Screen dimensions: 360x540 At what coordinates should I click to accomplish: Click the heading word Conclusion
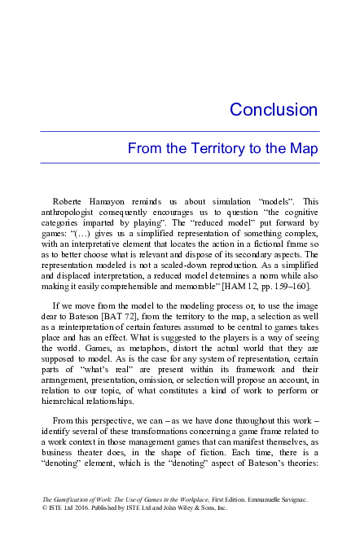click(x=261, y=109)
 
